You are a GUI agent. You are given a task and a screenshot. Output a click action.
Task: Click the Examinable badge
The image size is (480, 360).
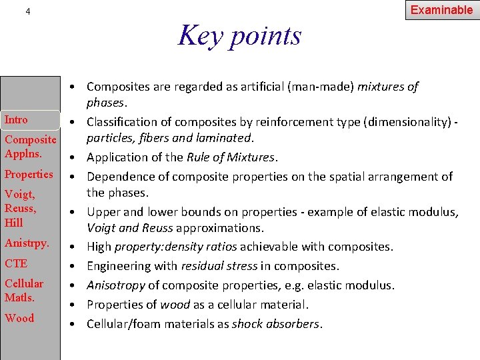(441, 10)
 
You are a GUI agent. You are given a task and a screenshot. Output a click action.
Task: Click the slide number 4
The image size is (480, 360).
(27, 11)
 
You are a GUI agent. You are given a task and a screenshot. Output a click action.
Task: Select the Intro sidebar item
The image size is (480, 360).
(16, 120)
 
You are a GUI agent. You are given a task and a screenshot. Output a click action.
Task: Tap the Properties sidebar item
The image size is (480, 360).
(29, 174)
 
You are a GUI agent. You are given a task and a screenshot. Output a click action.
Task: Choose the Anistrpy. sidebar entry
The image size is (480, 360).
(27, 243)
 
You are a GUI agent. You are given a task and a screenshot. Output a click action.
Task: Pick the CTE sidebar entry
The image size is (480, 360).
(16, 263)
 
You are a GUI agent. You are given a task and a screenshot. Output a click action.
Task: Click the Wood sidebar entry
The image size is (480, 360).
(19, 318)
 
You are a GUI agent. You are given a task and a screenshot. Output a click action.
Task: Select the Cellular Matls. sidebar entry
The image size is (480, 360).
(24, 290)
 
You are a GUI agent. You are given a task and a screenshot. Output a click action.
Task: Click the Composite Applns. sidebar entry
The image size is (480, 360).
(30, 146)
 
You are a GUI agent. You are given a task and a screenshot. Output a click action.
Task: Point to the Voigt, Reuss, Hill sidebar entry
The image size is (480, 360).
(20, 208)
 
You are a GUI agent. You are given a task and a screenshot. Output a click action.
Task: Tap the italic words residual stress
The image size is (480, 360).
(219, 266)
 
